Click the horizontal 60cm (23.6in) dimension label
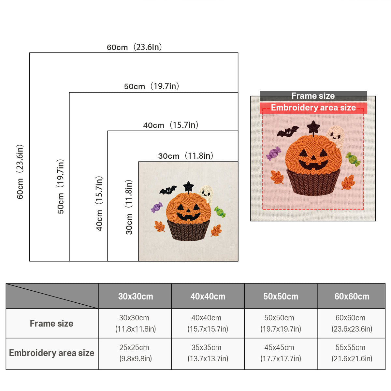[134, 47]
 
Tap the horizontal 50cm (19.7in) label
[152, 86]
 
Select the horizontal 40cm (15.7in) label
[171, 125]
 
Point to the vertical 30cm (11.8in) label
[129, 207]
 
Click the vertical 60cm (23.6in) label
[20, 172]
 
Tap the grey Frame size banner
[313, 96]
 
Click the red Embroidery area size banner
[313, 108]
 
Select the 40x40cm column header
[208, 297]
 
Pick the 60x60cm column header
[352, 297]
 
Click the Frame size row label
[51, 324]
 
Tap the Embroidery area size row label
[52, 353]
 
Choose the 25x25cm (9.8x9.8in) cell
[135, 353]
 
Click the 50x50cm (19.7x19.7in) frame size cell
[281, 323]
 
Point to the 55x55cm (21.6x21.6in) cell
[352, 353]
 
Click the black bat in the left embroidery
[168, 190]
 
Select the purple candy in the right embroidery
[273, 153]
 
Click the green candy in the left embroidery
[220, 212]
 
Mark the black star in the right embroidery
[313, 127]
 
